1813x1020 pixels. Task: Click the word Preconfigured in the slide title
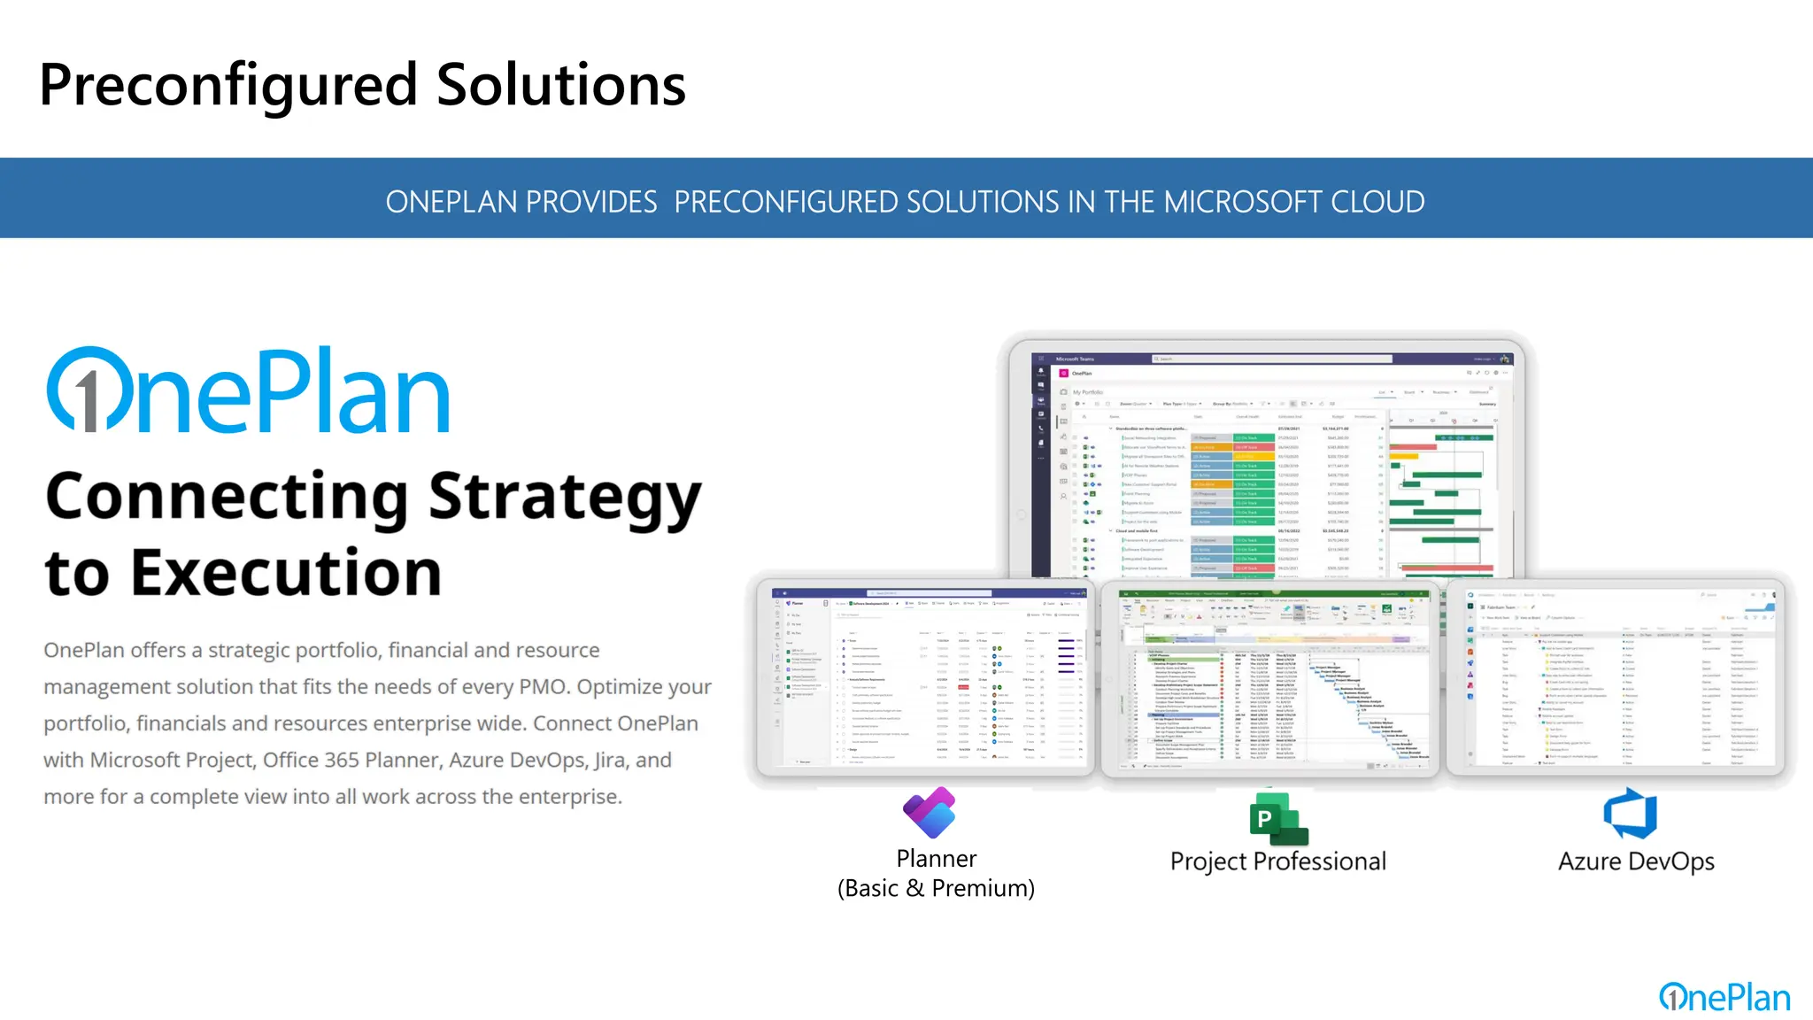pos(228,86)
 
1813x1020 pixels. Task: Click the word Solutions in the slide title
pos(560,86)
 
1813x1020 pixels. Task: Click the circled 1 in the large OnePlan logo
pos(86,390)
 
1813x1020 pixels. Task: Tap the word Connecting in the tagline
pos(227,498)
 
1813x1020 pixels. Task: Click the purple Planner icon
pos(930,812)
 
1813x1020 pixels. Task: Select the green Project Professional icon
pos(1277,819)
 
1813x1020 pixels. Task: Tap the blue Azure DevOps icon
pos(1631,814)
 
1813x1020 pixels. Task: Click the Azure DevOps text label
pos(1636,862)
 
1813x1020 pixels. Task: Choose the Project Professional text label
pos(1277,862)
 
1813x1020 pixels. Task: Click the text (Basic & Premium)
pos(936,888)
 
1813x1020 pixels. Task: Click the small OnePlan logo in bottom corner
pos(1724,998)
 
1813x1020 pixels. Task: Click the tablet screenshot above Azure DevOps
pos(1616,677)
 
